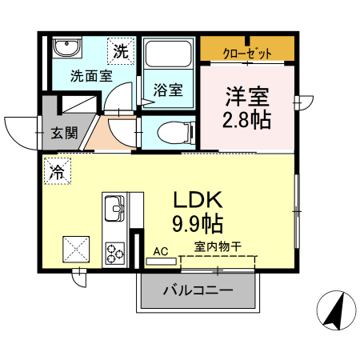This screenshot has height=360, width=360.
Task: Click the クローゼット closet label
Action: (x=247, y=54)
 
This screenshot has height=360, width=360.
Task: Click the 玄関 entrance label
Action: (x=65, y=133)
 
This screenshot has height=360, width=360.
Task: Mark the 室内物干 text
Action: (x=218, y=248)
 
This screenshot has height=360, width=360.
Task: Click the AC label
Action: (x=161, y=251)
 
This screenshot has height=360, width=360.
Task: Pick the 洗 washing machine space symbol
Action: (x=119, y=52)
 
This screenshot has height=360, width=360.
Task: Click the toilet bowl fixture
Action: (x=173, y=130)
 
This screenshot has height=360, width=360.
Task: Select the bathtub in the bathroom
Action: (x=167, y=57)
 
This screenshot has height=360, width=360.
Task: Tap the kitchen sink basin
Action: (x=114, y=210)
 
